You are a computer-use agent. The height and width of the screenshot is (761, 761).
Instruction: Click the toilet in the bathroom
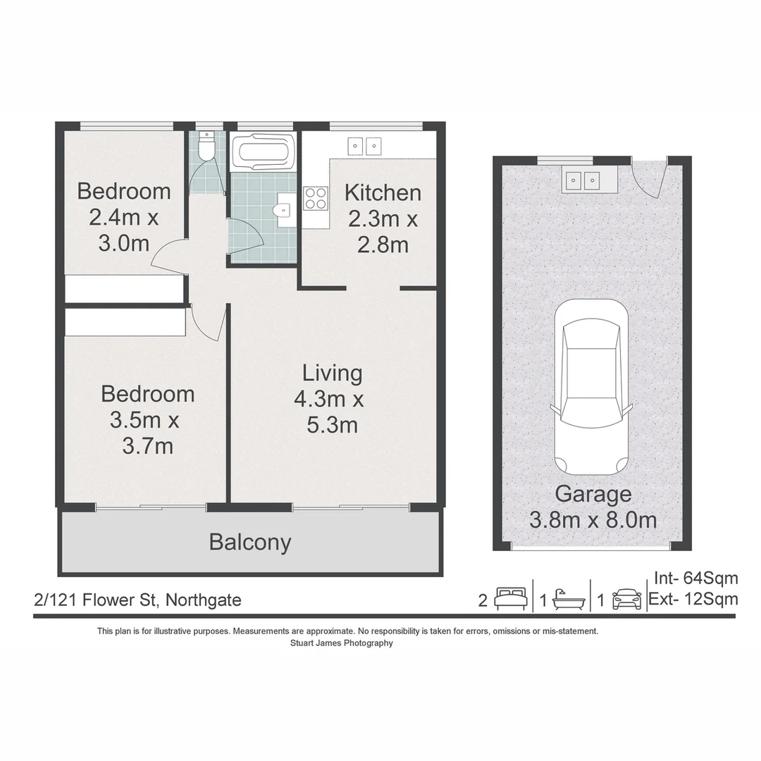(206, 148)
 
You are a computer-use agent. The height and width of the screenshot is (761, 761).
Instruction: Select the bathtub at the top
(264, 151)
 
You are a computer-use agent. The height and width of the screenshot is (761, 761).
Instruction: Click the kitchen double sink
(364, 146)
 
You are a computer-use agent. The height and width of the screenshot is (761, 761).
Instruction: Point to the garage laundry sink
(581, 181)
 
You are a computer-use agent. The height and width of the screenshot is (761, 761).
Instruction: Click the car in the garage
(590, 388)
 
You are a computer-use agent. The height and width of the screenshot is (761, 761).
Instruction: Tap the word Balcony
(250, 543)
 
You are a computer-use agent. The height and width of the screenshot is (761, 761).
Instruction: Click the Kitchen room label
(383, 192)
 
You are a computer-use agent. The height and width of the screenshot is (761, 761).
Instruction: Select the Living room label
(333, 373)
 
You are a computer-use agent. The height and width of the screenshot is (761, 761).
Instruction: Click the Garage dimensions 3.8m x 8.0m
(593, 521)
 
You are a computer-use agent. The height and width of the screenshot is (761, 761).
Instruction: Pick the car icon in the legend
(626, 599)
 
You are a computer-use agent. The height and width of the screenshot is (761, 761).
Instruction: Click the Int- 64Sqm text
(696, 579)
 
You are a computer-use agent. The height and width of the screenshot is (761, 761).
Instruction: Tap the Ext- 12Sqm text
(695, 599)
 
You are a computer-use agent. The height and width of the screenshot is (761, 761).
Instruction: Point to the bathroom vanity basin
(283, 209)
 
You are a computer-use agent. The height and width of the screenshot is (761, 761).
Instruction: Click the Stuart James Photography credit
(341, 643)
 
